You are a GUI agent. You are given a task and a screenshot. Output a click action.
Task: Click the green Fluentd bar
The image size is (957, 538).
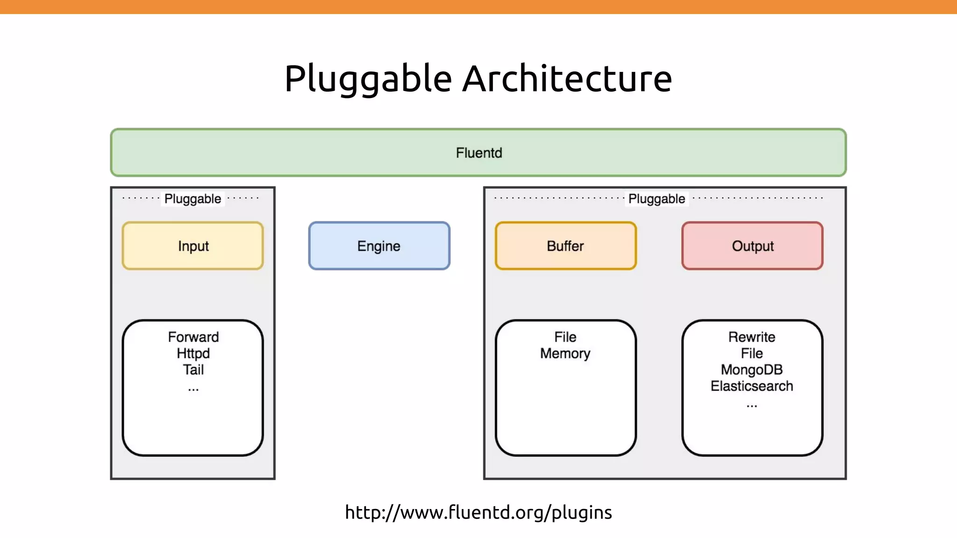478,153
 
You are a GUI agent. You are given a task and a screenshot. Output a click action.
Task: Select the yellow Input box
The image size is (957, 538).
193,246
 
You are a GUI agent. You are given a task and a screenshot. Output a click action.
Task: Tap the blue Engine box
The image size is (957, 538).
379,246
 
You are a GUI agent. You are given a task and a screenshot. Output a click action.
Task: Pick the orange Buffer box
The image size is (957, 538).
565,246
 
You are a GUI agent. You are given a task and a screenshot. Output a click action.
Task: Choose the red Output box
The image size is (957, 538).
752,246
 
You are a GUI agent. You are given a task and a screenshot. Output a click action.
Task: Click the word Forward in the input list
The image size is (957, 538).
193,337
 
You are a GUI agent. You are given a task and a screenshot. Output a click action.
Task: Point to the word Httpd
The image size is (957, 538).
193,353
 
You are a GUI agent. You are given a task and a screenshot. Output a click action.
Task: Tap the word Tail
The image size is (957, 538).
193,369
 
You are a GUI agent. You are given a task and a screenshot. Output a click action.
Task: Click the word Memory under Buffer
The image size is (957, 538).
565,353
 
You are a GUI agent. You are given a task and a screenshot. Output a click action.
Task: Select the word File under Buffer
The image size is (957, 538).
565,337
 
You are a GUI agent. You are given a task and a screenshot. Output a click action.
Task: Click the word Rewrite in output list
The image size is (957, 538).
751,337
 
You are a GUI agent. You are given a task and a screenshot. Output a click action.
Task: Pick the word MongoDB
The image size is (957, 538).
751,369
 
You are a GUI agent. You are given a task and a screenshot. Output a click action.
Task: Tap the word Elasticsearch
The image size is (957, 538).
751,386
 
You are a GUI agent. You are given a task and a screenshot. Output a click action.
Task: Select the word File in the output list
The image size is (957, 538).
751,353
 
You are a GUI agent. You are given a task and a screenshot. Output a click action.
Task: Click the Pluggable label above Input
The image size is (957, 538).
193,198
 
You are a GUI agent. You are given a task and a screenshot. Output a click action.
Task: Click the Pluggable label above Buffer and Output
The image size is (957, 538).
657,198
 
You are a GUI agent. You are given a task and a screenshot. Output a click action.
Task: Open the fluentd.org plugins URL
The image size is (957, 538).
478,512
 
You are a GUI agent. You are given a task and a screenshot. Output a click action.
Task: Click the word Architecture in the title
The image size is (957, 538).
567,78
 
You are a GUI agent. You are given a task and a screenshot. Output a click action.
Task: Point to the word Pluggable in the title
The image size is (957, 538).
368,78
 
